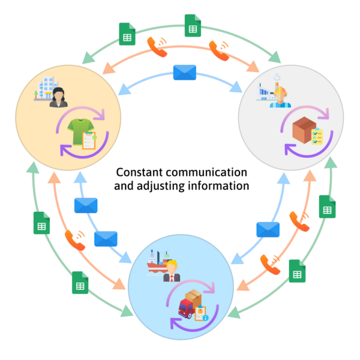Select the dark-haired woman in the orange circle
(59, 97)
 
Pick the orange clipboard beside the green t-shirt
(89, 141)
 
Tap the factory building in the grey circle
(266, 94)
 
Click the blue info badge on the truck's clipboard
(205, 317)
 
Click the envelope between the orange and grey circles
(184, 73)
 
